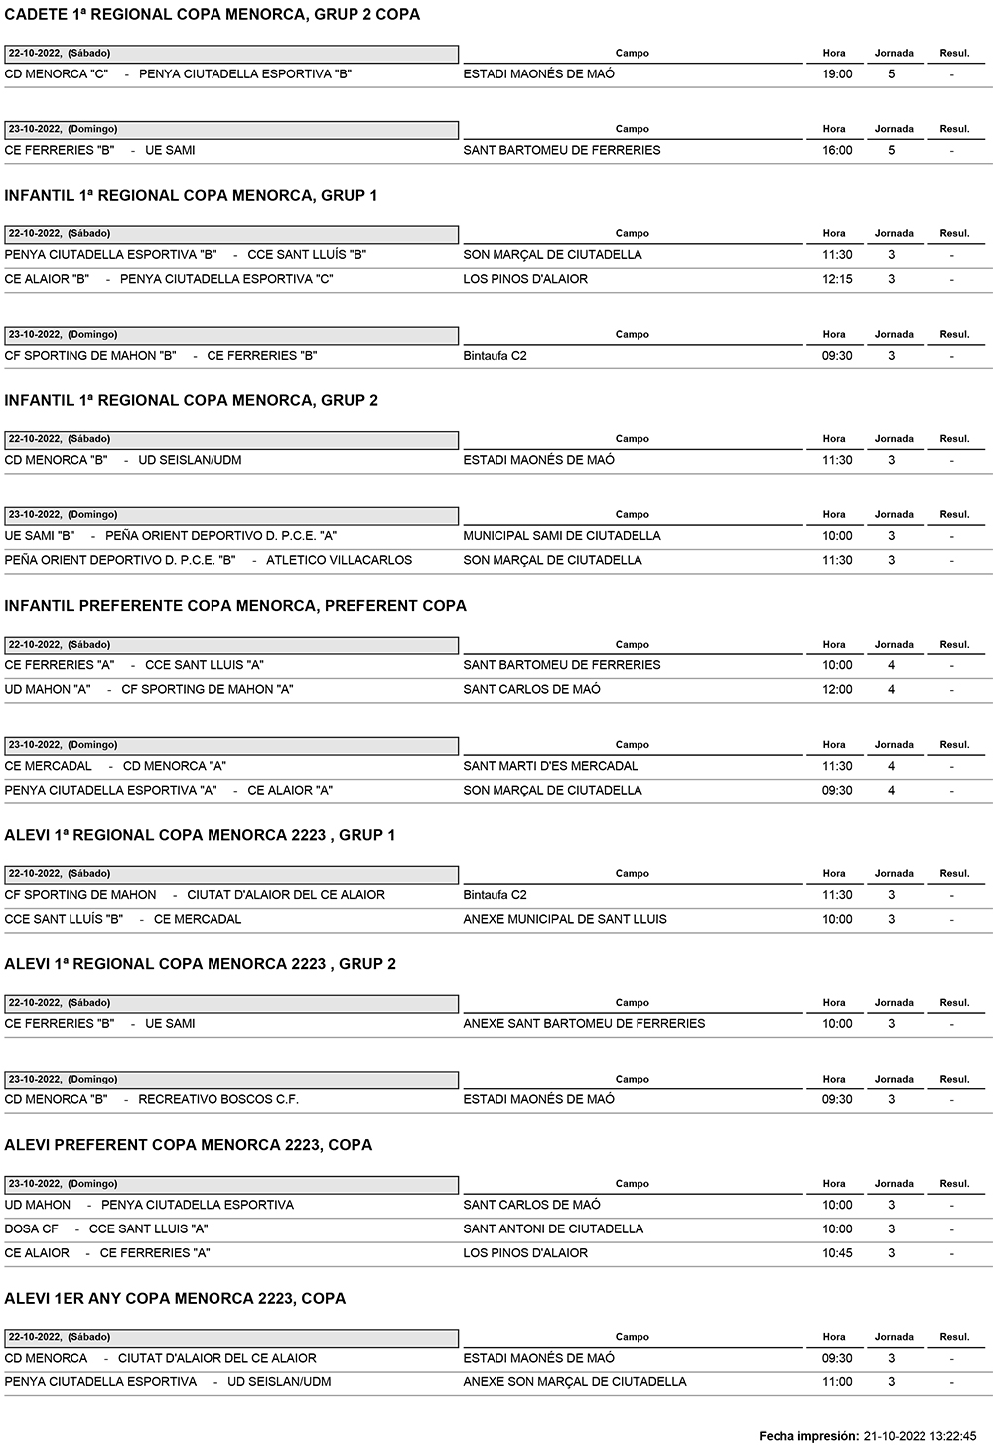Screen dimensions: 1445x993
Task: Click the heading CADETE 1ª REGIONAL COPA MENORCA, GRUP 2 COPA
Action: coord(213,15)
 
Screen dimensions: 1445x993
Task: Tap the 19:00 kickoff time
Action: coord(837,74)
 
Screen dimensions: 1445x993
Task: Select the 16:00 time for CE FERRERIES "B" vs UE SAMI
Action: coord(837,151)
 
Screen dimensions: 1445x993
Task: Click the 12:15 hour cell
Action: coord(837,280)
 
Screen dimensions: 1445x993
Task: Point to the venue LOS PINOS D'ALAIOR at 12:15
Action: coord(525,280)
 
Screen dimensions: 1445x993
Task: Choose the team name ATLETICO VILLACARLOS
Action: coord(339,561)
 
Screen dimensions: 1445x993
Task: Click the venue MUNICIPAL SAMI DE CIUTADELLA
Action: coord(561,536)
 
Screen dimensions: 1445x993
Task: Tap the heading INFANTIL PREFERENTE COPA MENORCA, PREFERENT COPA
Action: coord(235,606)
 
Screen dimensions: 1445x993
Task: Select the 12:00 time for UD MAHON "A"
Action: coord(837,690)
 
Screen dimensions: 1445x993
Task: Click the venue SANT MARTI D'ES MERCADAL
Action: coord(550,767)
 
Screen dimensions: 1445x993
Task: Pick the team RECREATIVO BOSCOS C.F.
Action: coord(218,1100)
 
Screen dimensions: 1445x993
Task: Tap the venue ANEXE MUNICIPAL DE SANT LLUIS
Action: coord(565,920)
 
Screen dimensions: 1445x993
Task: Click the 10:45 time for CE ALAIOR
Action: coord(837,1254)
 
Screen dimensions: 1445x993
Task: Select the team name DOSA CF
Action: coord(32,1229)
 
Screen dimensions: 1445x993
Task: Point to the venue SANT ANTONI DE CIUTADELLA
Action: coord(553,1229)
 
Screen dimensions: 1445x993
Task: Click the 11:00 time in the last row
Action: coord(837,1382)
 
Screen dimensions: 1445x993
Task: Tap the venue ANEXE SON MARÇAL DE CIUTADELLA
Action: coord(574,1382)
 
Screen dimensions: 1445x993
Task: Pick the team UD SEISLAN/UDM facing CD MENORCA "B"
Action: coord(190,461)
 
